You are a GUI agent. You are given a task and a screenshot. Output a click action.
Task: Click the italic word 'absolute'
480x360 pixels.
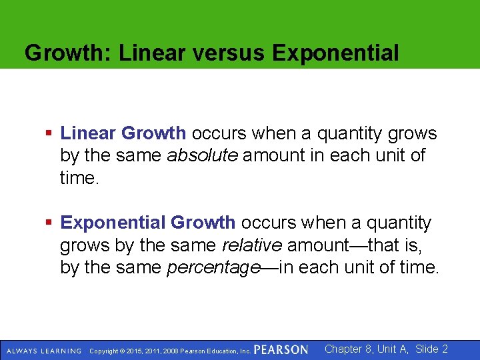202,157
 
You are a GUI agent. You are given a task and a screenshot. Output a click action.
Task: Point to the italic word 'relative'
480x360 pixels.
252,245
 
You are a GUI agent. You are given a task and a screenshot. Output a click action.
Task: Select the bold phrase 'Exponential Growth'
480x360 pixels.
147,223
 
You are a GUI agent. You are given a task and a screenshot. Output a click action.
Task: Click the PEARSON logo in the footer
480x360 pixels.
281,350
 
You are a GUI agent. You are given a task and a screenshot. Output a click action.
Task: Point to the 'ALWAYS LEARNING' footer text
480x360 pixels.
43,351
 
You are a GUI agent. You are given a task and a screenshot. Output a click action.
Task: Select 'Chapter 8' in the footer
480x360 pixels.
349,349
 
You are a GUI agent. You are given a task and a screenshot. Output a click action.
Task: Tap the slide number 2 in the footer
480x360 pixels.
445,349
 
